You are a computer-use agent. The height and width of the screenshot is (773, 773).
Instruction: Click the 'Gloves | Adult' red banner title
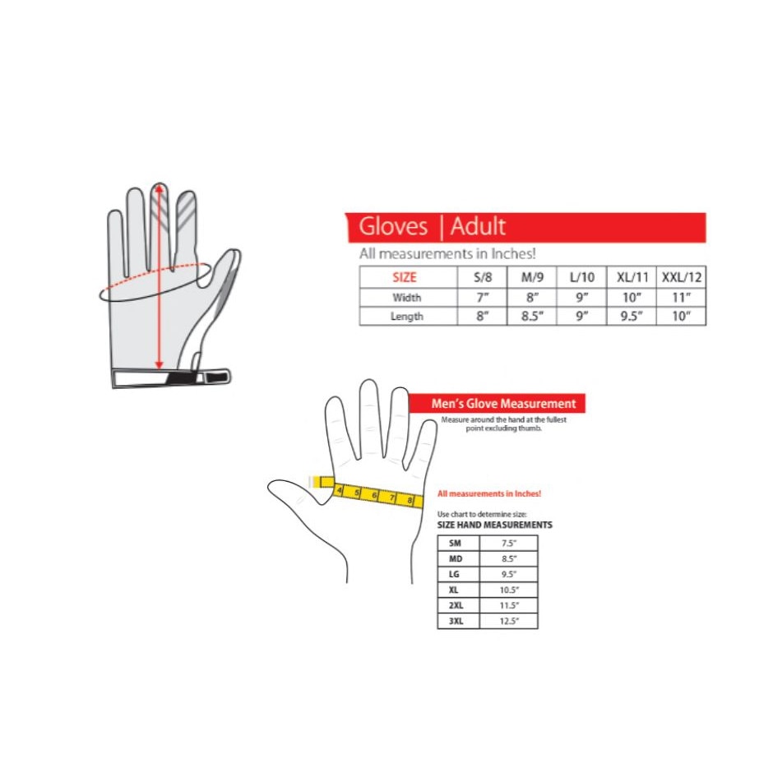click(x=432, y=227)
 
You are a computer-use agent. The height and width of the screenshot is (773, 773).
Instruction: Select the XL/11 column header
click(x=632, y=277)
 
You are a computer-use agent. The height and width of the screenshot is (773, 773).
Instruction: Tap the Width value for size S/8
click(x=482, y=297)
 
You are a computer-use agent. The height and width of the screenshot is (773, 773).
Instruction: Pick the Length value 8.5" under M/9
click(x=532, y=316)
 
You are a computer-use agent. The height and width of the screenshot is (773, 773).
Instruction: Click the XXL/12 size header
click(x=681, y=277)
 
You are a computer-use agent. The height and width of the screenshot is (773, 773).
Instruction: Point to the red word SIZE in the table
click(x=405, y=277)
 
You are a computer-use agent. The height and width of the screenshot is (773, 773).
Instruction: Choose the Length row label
click(x=407, y=316)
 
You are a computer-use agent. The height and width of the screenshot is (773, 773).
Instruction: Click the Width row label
click(x=407, y=297)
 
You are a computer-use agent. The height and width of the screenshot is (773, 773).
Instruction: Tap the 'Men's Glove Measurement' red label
click(x=503, y=404)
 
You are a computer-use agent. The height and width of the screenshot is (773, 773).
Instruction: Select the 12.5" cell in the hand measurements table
click(x=508, y=621)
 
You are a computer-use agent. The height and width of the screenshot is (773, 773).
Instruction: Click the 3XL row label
click(x=456, y=621)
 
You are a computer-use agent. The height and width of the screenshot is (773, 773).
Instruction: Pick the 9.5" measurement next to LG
click(x=509, y=574)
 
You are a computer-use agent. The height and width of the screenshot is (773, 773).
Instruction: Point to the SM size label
click(x=455, y=544)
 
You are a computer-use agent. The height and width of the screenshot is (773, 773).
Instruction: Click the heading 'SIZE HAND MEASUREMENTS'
click(x=494, y=525)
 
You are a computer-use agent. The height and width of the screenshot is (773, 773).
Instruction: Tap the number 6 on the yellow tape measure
click(x=375, y=495)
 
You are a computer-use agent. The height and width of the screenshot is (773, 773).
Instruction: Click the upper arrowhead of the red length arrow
click(x=159, y=187)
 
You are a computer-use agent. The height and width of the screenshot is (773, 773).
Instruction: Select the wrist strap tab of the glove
click(x=217, y=377)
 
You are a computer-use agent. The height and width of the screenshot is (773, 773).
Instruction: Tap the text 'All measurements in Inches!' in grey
click(x=447, y=254)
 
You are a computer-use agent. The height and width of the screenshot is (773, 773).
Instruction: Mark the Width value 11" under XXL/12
click(x=681, y=297)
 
